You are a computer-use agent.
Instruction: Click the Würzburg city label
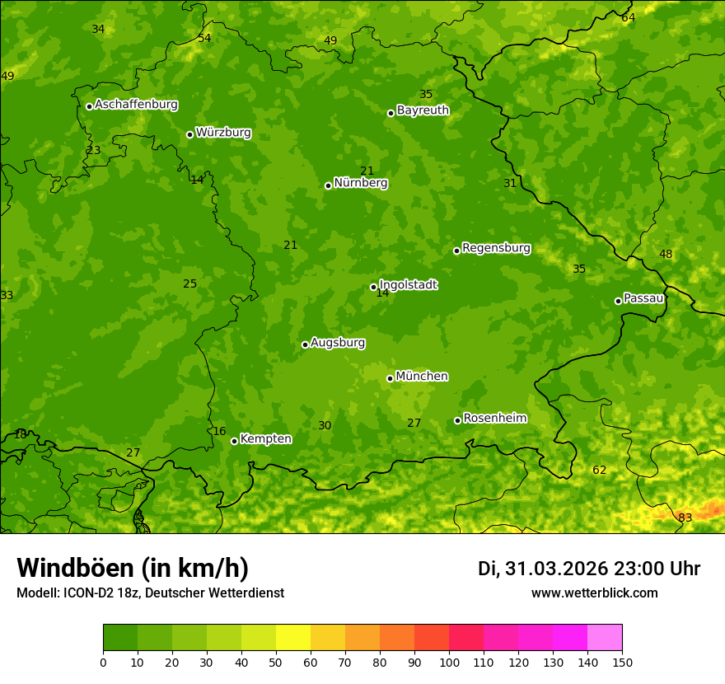click(223, 133)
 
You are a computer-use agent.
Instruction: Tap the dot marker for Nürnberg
click(328, 185)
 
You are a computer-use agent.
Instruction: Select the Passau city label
click(643, 298)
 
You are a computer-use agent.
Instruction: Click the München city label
click(422, 377)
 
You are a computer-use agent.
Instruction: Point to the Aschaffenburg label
click(136, 105)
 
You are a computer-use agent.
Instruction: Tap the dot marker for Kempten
click(234, 441)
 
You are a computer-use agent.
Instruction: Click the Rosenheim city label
click(494, 419)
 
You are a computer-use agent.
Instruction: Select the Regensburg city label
click(496, 248)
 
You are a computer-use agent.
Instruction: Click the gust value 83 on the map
click(685, 518)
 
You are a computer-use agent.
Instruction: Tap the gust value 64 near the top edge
click(629, 17)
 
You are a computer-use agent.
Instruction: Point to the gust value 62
click(599, 471)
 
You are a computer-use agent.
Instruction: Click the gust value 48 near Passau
click(666, 254)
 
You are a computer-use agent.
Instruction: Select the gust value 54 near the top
click(204, 38)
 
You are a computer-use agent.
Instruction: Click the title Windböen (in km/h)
click(133, 568)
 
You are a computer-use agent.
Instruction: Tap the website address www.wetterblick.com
click(594, 593)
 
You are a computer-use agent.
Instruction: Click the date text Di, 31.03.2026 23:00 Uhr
click(589, 569)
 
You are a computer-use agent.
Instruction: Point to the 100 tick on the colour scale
click(449, 662)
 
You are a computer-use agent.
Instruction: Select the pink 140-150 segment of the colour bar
click(605, 637)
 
